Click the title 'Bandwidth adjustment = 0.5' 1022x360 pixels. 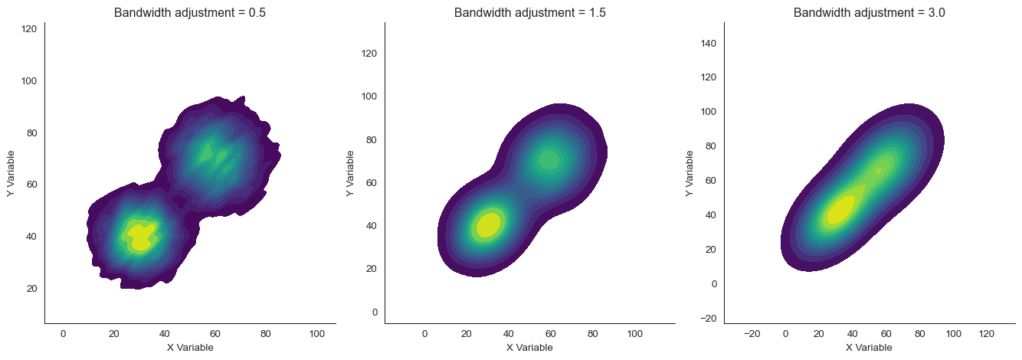pyautogui.click(x=190, y=13)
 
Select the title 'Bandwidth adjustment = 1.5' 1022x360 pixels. pyautogui.click(x=529, y=13)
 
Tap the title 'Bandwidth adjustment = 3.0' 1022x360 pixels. pyautogui.click(x=869, y=13)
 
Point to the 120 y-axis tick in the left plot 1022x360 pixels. pyautogui.click(x=29, y=29)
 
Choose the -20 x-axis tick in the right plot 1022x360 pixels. pyautogui.click(x=752, y=334)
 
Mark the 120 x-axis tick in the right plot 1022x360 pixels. pyautogui.click(x=988, y=334)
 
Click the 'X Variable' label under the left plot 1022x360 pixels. pyautogui.click(x=190, y=348)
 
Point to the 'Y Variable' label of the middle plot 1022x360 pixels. pyautogui.click(x=351, y=173)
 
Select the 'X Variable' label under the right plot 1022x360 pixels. pyautogui.click(x=869, y=348)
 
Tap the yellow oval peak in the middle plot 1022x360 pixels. pyautogui.click(x=488, y=225)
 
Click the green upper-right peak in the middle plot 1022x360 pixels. pyautogui.click(x=549, y=159)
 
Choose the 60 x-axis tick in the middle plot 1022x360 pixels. pyautogui.click(x=551, y=334)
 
